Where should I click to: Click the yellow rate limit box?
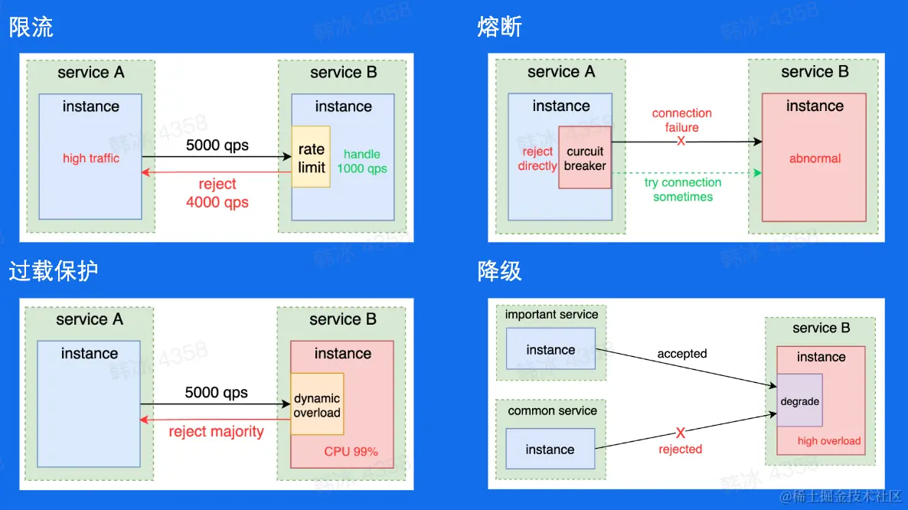pos(311,156)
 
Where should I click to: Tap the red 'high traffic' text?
pos(91,158)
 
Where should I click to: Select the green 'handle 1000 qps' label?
pos(362,162)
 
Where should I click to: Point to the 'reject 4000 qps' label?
pos(217,193)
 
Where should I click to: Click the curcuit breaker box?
pos(585,158)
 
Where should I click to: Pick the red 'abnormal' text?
pos(815,159)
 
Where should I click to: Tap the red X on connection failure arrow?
pos(681,141)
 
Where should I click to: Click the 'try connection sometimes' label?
pos(683,189)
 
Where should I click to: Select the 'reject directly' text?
pos(537,159)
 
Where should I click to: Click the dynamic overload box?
pos(317,404)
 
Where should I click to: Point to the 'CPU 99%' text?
pos(351,452)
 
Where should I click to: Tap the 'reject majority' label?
pos(216,432)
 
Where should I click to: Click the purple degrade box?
pos(800,400)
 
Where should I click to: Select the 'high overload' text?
pos(829,441)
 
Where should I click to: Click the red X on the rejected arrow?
pos(681,433)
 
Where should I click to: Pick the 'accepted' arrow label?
pos(682,354)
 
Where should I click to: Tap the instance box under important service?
pos(550,348)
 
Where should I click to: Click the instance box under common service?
pos(550,449)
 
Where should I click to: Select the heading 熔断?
pos(500,28)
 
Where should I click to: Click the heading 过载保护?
pos(54,271)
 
